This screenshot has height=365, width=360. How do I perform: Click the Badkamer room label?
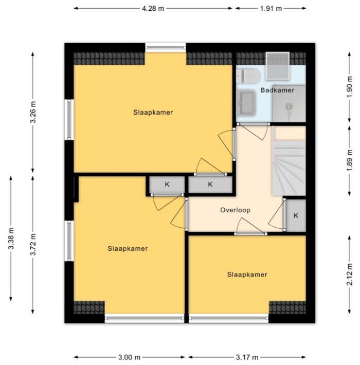click(277, 90)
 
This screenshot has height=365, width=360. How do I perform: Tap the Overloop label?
click(235, 210)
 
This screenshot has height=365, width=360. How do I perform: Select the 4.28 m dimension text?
click(154, 8)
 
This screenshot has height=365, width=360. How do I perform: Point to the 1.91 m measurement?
click(271, 8)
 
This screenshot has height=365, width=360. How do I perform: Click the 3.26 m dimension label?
click(32, 113)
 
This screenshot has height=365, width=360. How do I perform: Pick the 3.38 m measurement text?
click(10, 239)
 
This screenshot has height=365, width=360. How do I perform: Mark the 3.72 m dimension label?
click(32, 244)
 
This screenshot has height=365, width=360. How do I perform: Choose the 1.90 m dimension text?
click(350, 86)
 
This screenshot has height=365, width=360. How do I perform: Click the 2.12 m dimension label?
click(350, 273)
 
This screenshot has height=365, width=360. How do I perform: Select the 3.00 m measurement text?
click(131, 357)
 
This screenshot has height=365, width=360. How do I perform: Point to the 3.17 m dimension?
click(247, 357)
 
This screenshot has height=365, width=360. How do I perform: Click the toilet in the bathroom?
click(248, 77)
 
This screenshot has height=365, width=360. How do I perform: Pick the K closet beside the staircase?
click(296, 215)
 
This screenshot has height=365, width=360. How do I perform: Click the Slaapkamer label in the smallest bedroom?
click(247, 275)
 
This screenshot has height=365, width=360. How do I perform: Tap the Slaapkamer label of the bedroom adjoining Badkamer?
click(152, 113)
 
